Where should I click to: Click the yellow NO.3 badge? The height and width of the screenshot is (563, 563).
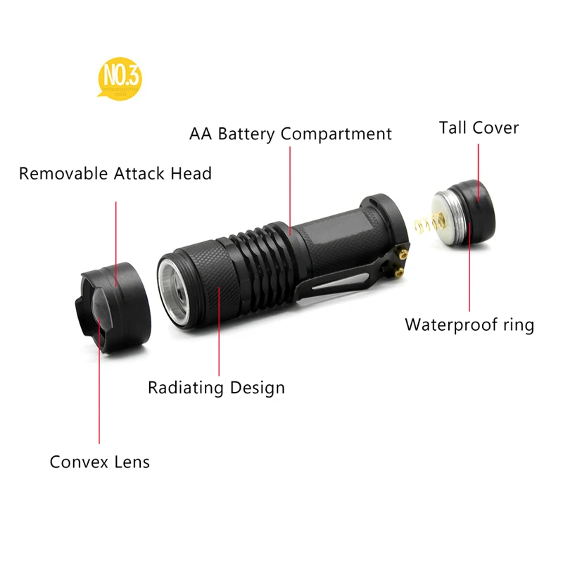tap(120, 80)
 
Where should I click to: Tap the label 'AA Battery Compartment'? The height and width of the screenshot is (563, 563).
tap(291, 134)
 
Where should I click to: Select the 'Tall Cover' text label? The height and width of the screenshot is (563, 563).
tap(479, 128)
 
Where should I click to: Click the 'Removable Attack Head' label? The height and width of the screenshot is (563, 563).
tap(115, 173)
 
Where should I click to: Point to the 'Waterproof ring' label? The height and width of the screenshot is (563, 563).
tap(469, 325)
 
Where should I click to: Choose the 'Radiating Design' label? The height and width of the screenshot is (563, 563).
tap(216, 387)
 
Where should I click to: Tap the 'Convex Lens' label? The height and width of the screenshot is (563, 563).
tap(100, 462)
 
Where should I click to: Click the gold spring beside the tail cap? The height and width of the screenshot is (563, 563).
tap(421, 229)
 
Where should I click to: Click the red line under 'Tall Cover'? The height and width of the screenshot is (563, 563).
tap(479, 169)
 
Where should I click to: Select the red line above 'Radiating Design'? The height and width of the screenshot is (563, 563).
tap(219, 331)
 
